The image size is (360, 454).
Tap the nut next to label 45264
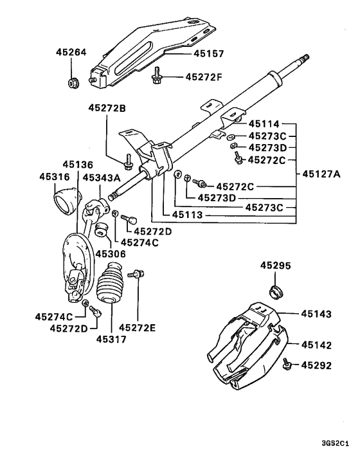pos(73,82)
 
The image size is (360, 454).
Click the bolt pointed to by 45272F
pos(156,78)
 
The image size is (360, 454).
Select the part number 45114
pos(265,123)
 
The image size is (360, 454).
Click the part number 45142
pos(318,345)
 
